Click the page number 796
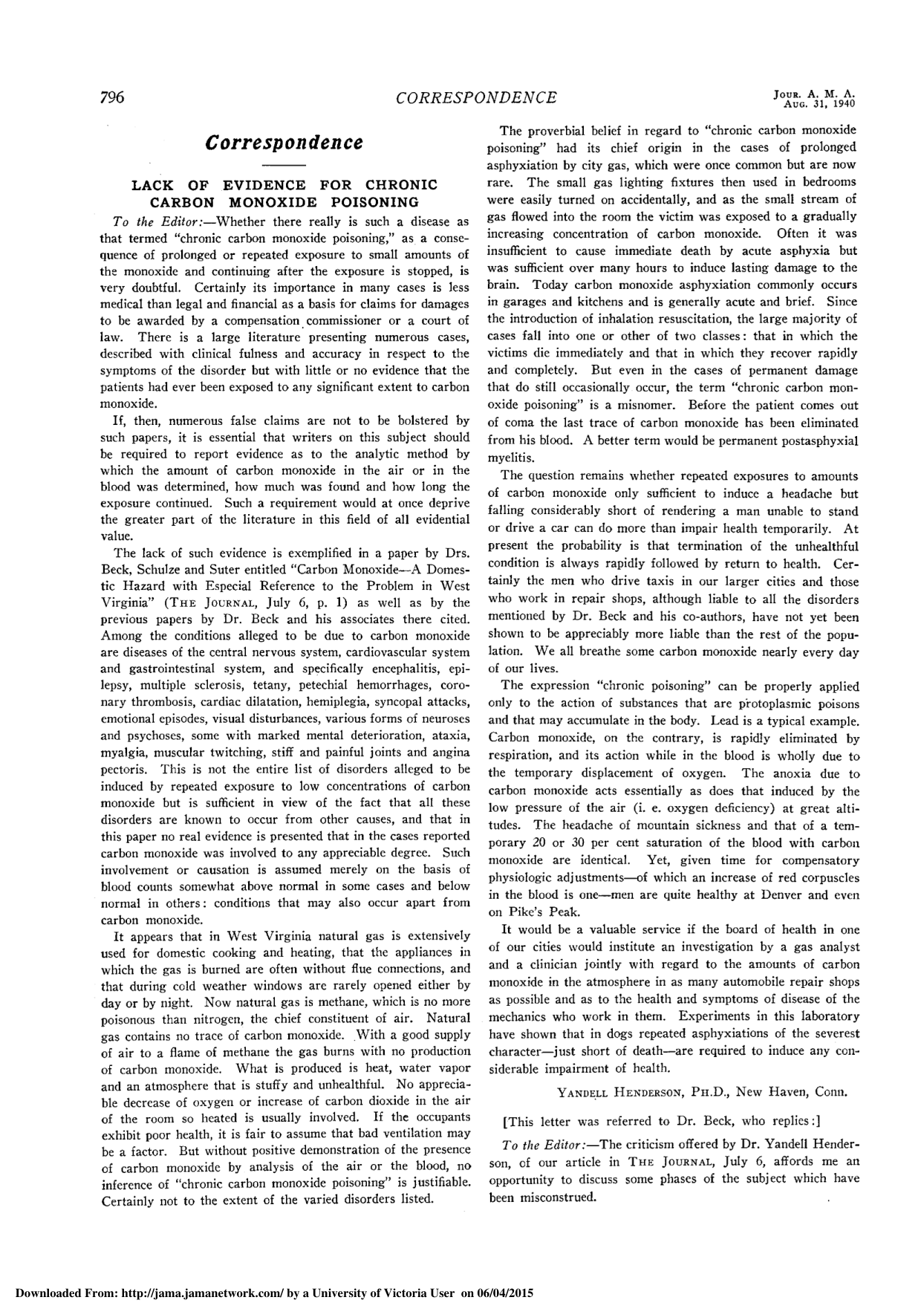111,98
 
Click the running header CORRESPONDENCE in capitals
476,98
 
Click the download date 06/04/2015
504,1294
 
